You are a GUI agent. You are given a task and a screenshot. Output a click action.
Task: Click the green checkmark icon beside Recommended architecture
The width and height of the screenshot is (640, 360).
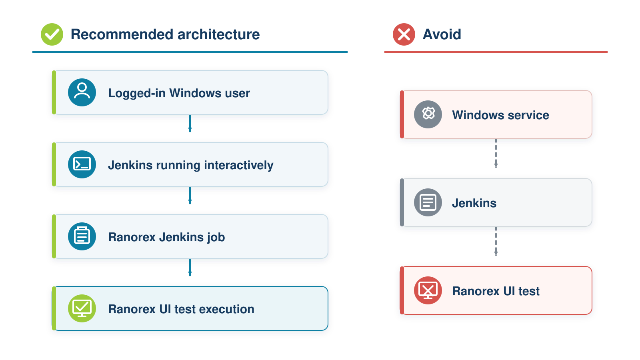click(52, 34)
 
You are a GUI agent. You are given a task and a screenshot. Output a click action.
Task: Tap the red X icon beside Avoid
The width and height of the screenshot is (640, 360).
click(404, 34)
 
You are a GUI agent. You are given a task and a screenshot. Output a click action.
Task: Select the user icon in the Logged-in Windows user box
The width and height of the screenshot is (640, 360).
click(82, 92)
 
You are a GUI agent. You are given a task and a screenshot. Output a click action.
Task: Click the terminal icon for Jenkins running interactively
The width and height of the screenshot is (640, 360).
click(82, 164)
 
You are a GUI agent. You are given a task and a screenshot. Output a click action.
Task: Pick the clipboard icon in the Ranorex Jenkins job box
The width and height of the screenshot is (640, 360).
click(82, 236)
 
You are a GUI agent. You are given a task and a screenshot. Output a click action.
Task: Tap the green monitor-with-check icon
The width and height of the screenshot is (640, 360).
click(82, 308)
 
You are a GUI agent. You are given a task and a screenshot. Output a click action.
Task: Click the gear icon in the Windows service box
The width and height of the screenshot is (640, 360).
click(428, 114)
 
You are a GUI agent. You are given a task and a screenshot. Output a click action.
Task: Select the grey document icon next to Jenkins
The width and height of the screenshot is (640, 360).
click(428, 202)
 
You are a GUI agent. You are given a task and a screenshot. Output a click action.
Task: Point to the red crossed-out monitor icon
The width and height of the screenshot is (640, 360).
click(428, 290)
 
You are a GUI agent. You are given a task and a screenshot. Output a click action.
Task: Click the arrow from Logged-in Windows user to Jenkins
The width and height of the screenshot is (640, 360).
click(190, 124)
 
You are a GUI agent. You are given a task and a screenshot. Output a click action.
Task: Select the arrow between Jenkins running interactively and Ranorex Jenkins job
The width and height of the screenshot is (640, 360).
click(190, 196)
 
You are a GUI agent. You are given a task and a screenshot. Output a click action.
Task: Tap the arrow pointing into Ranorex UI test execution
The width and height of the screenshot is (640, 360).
click(190, 268)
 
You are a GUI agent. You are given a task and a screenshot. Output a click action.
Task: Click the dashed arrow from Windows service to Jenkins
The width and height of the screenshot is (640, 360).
click(496, 154)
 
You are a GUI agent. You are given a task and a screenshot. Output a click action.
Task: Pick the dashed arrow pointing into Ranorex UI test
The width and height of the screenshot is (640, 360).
click(496, 242)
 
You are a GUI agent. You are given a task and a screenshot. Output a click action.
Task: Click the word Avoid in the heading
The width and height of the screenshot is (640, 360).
click(442, 34)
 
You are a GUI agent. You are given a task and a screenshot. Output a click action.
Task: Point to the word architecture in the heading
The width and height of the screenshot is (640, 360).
click(218, 34)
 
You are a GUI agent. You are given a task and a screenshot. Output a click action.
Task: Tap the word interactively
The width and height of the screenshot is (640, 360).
click(238, 166)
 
